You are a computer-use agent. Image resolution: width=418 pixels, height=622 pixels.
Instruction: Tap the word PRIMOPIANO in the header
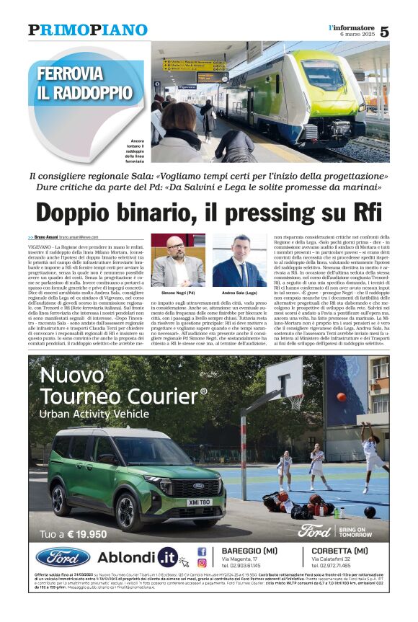coord(87,30)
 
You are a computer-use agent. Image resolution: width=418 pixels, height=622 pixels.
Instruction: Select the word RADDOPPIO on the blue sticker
coord(94,92)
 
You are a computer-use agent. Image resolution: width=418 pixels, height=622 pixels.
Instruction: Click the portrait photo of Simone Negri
coord(177,261)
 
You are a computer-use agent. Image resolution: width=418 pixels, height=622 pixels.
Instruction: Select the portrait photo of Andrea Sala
coord(239,261)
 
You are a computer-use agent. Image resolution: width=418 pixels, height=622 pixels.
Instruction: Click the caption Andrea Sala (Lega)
coord(240,294)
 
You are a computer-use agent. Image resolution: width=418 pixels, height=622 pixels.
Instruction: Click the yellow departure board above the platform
coord(193,65)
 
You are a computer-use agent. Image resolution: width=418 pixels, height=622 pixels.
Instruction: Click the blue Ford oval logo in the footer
coord(63,557)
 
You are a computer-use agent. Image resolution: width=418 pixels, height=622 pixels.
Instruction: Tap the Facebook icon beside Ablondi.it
coord(202,551)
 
